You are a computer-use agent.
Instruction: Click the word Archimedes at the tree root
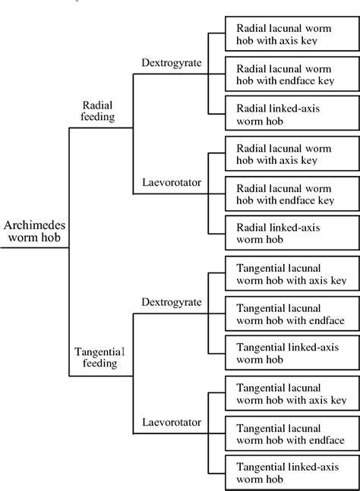pos(35,225)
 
